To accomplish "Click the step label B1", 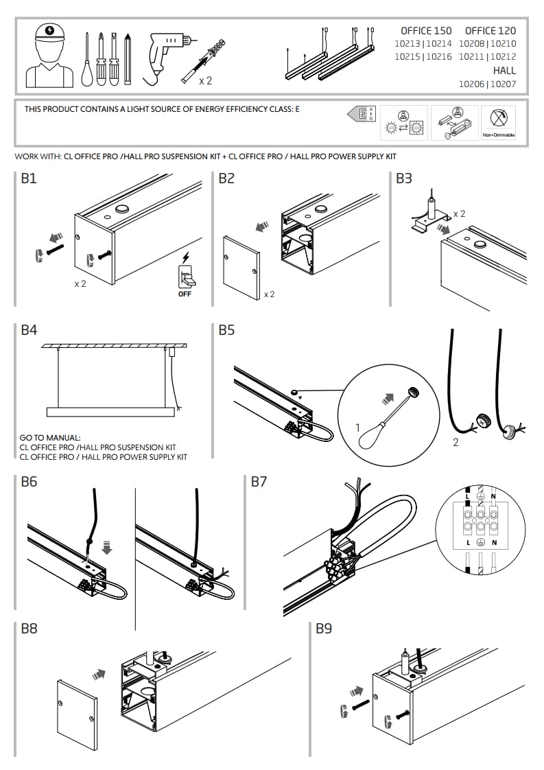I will point(29,179).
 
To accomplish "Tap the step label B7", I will point(259,482).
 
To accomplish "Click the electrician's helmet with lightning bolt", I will point(49,32).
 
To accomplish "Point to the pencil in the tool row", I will point(128,59).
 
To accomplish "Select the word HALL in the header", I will point(504,71).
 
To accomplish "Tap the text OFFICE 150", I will point(426,31).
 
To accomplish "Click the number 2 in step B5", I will point(456,443).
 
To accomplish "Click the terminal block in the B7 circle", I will point(480,522).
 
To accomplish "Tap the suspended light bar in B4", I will point(110,412).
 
